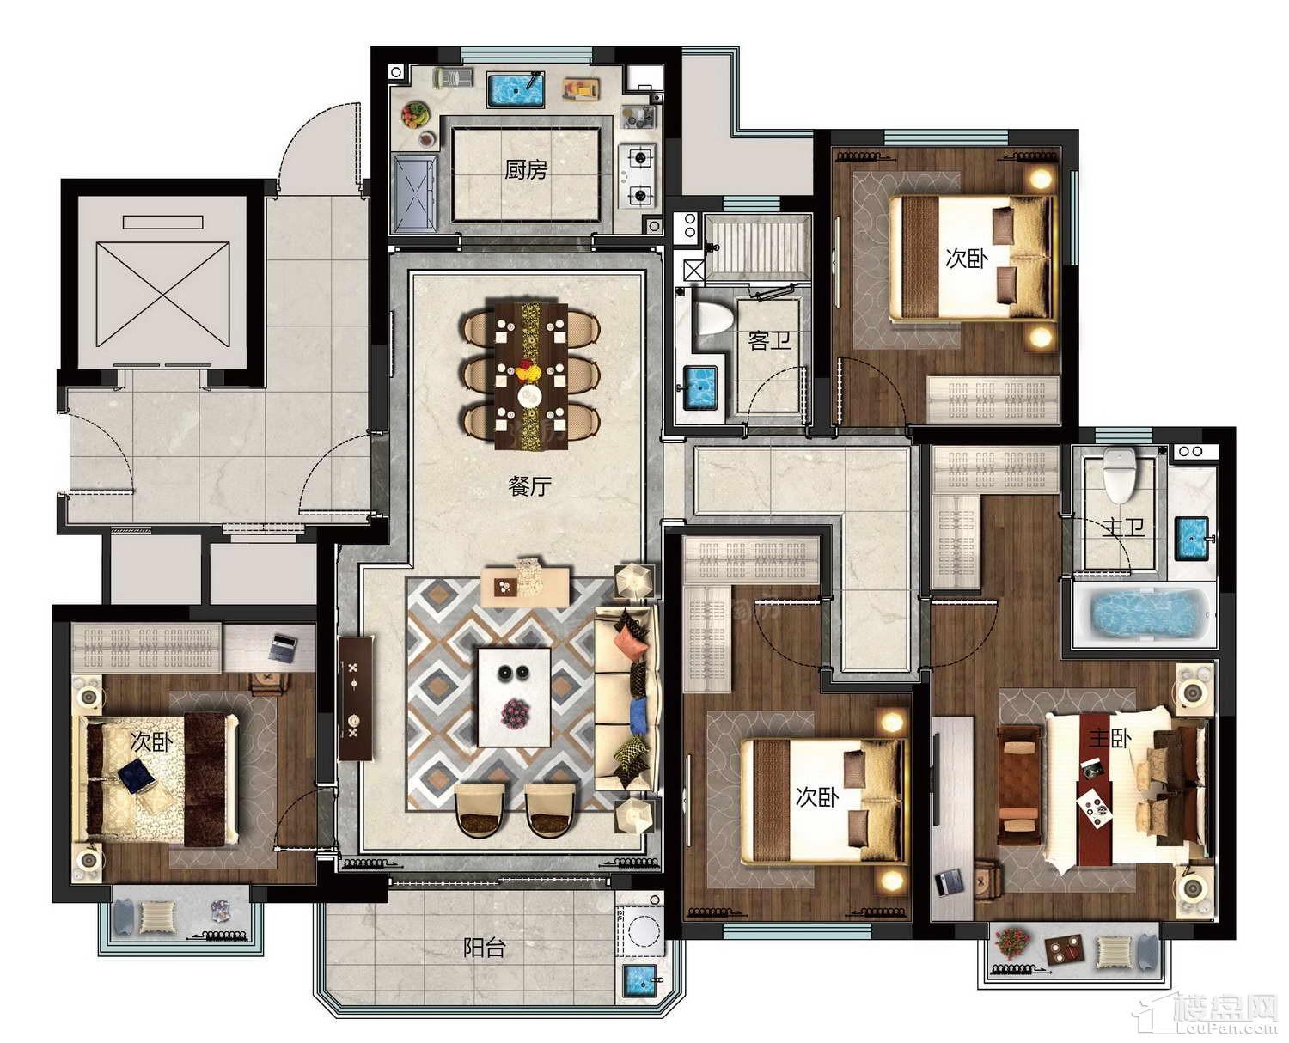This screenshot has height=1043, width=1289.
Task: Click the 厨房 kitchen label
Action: (526, 170)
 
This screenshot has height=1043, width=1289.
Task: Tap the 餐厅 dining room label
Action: (530, 485)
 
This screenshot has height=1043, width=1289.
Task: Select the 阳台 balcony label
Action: (484, 948)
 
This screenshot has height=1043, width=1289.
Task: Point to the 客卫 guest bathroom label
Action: (769, 340)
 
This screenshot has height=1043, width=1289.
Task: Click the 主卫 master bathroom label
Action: (1123, 528)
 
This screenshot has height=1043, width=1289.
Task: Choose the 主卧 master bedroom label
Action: (1110, 738)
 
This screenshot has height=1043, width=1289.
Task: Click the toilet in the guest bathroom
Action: (714, 319)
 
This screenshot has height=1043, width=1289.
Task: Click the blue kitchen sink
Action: (516, 90)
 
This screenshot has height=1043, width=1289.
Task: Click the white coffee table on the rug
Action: (514, 698)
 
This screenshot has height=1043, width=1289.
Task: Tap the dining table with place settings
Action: (531, 375)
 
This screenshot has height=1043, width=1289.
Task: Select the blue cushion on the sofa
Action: (638, 716)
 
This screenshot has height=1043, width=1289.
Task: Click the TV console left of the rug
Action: (355, 698)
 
